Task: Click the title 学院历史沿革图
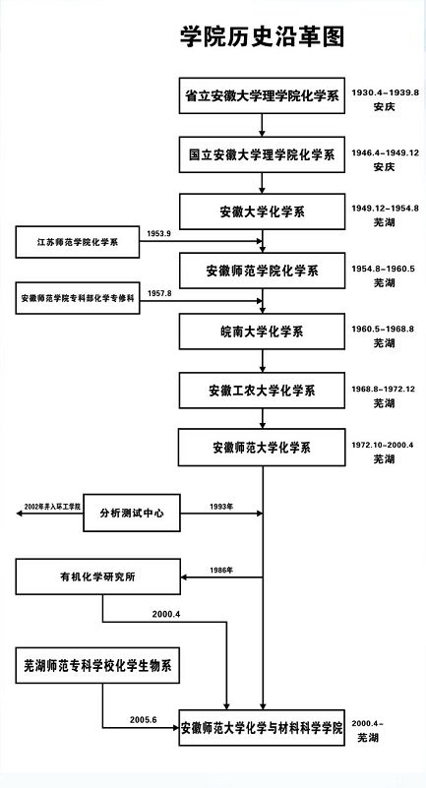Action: point(261,37)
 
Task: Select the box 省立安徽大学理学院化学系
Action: point(262,97)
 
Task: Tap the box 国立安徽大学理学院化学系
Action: point(262,154)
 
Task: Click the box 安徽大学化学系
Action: point(262,212)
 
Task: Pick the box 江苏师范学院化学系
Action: point(77,241)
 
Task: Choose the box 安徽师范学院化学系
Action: point(262,270)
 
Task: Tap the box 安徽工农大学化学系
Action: point(262,391)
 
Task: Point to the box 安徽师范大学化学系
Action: point(262,448)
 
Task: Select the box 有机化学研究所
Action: point(96,576)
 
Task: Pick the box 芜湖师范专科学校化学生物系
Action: point(97,666)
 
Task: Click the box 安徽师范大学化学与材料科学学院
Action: point(262,729)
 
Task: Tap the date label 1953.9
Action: point(159,233)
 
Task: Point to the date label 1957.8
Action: point(159,293)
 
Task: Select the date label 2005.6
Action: point(144,720)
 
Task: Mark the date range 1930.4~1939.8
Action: point(386,91)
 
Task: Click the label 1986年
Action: point(221,570)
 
